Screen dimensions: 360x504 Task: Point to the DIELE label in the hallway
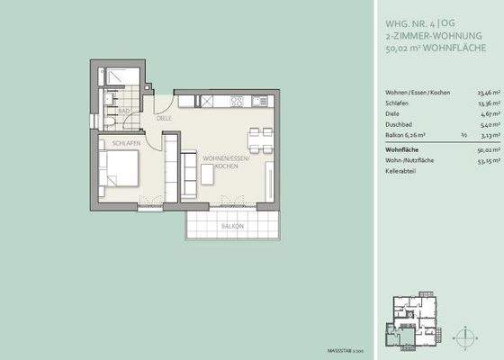click(x=164, y=118)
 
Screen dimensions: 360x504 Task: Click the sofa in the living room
click(x=189, y=168)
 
